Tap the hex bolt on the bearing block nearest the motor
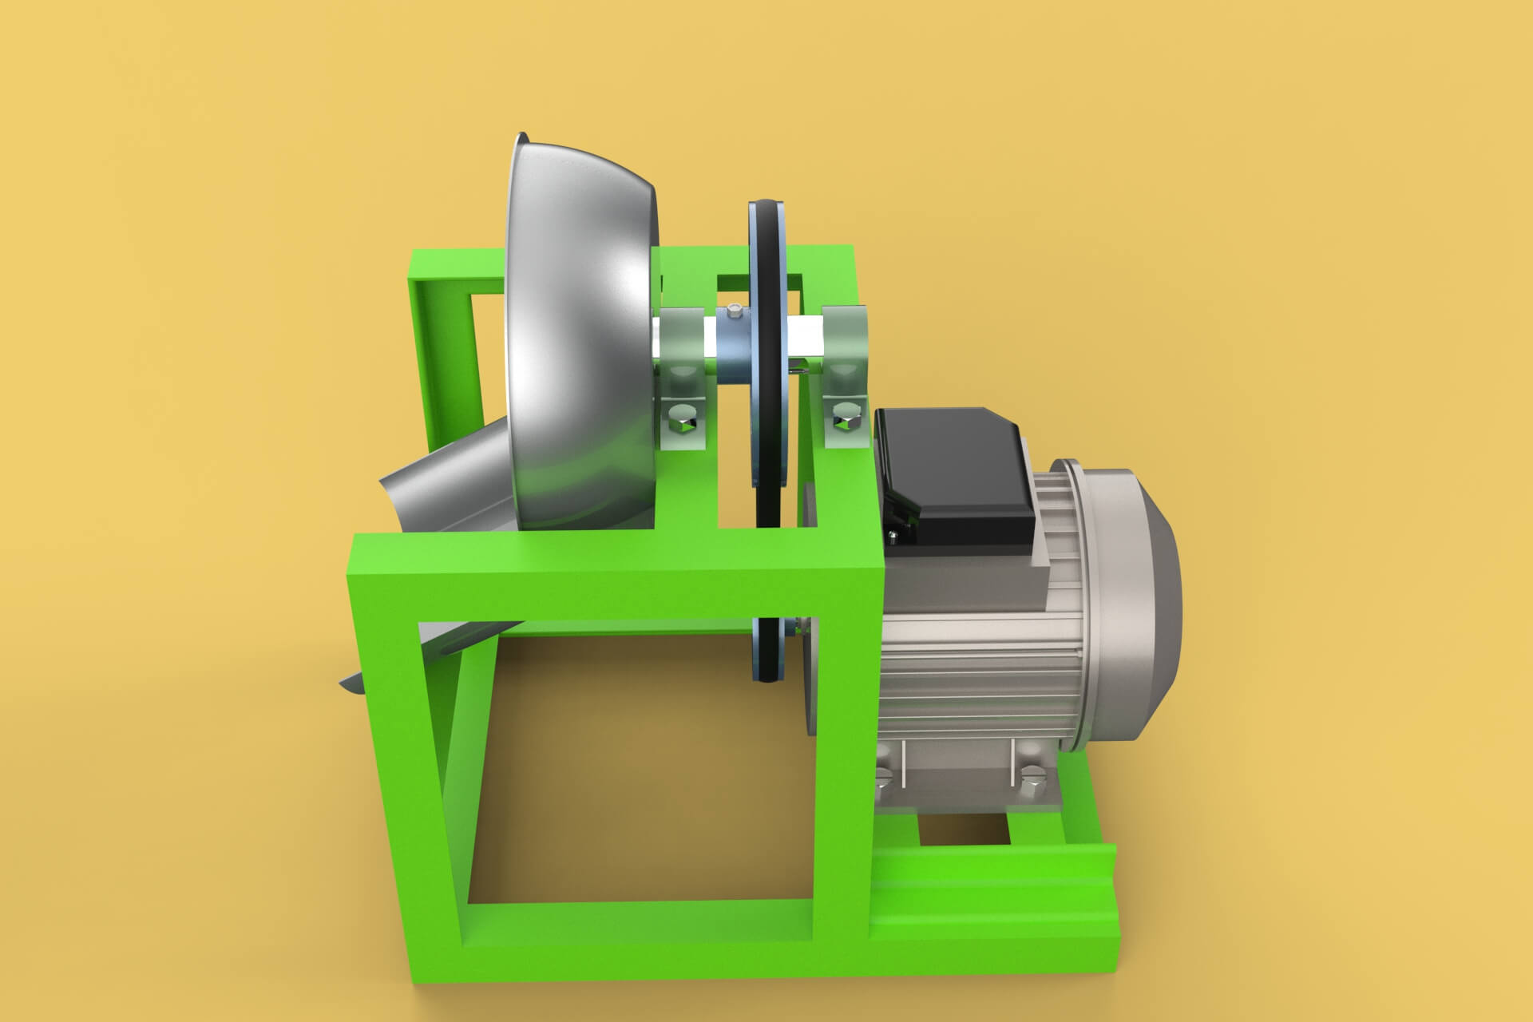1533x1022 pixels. [x=843, y=416]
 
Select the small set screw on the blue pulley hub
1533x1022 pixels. [x=735, y=311]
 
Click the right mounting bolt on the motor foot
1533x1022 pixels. [x=1028, y=775]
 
